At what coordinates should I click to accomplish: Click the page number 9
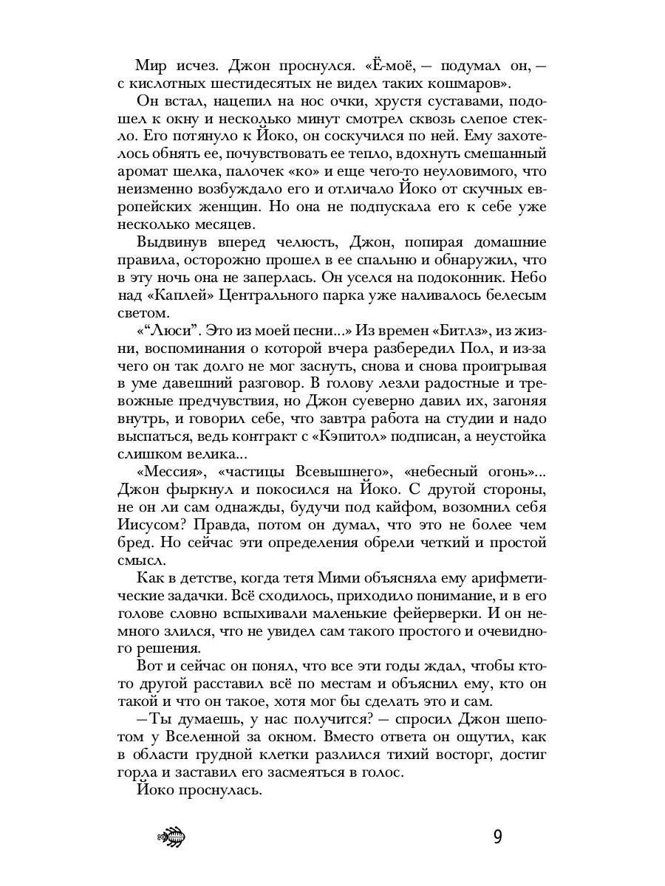click(497, 837)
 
